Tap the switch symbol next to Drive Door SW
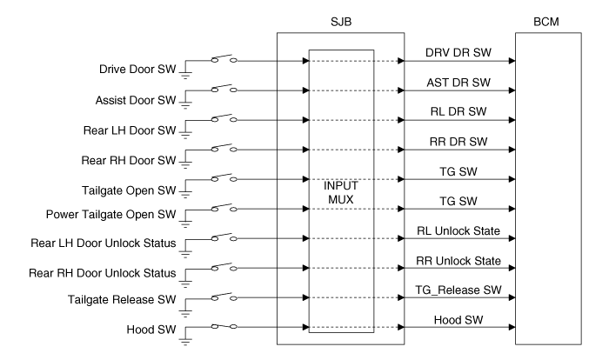tap(224, 60)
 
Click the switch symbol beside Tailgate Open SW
tap(224, 180)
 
